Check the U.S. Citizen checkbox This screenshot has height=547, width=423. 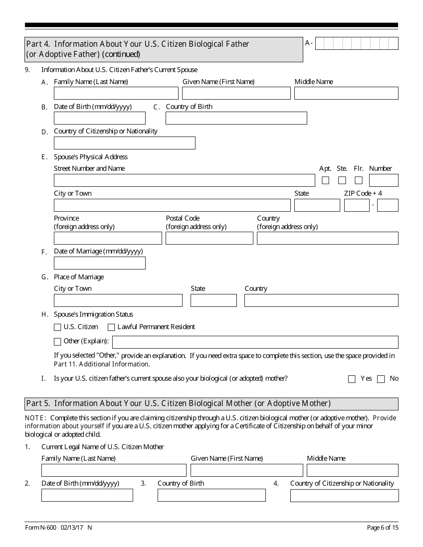(x=57, y=327)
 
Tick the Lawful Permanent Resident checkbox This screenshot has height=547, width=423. (x=111, y=327)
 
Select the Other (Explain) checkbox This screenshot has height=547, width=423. (x=57, y=342)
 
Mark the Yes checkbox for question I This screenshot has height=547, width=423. (x=352, y=379)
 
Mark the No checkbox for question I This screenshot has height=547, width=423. (x=381, y=379)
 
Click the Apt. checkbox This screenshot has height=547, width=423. (x=325, y=181)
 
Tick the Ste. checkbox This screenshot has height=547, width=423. (x=342, y=181)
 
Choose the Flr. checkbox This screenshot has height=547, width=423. (x=358, y=181)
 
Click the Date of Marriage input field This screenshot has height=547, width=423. (x=100, y=263)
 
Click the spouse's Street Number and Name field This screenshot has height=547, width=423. (x=184, y=181)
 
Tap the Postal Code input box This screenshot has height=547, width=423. (x=209, y=238)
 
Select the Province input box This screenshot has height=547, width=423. (x=108, y=238)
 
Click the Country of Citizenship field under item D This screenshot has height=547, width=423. (x=125, y=143)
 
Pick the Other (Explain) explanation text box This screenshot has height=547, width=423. (x=255, y=342)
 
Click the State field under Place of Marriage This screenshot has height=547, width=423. (x=214, y=301)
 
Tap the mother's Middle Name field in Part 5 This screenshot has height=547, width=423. (x=353, y=471)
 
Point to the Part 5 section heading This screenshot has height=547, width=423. (x=179, y=404)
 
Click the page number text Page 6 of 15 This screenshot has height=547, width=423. (x=382, y=528)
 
